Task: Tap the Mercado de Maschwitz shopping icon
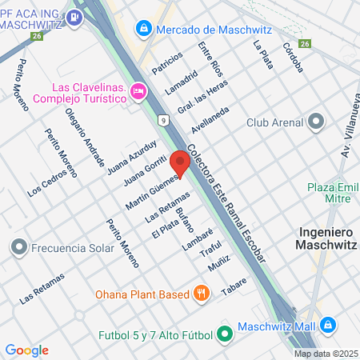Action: tap(143, 29)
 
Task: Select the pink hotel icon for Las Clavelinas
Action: tap(138, 92)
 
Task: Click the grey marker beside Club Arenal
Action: tap(315, 122)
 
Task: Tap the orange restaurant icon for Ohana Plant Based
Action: tap(202, 293)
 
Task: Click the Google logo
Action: tap(26, 350)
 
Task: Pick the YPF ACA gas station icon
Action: tap(74, 17)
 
